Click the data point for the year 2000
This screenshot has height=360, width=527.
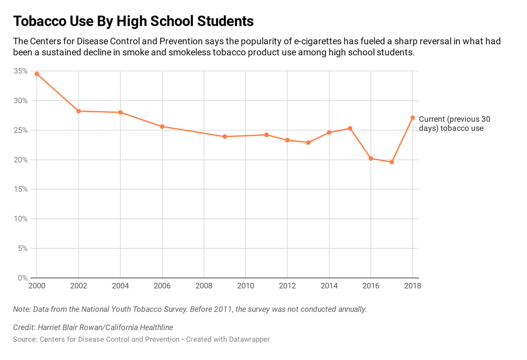[37, 74]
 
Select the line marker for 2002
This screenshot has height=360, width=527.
[79, 111]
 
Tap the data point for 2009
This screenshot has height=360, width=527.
[225, 137]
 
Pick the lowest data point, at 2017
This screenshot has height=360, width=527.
[392, 162]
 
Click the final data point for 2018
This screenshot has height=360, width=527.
[413, 118]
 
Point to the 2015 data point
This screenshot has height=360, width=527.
[350, 128]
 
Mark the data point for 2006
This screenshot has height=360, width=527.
[162, 127]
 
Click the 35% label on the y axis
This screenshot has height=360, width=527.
[21, 71]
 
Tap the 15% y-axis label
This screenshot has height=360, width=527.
[21, 189]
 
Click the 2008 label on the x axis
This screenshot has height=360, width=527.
[204, 286]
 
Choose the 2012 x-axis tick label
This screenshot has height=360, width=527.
[287, 286]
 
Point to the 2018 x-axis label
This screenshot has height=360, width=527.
[412, 286]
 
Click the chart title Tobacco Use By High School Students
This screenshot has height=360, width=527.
[134, 21]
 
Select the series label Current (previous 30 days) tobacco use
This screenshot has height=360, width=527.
[454, 124]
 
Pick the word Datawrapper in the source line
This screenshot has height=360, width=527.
[249, 339]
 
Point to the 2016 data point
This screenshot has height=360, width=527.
[371, 159]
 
